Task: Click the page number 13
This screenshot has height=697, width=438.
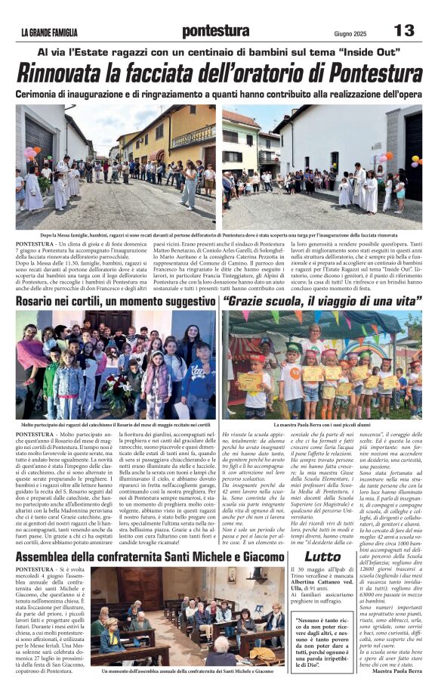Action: (404, 30)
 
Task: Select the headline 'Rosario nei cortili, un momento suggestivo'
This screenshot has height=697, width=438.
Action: (115, 301)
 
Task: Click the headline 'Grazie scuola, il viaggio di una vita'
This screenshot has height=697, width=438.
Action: (320, 301)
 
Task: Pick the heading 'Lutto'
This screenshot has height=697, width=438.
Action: (323, 556)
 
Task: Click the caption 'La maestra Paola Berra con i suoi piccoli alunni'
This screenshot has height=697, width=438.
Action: (321, 426)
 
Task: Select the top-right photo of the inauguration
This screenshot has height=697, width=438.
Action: (322, 166)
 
